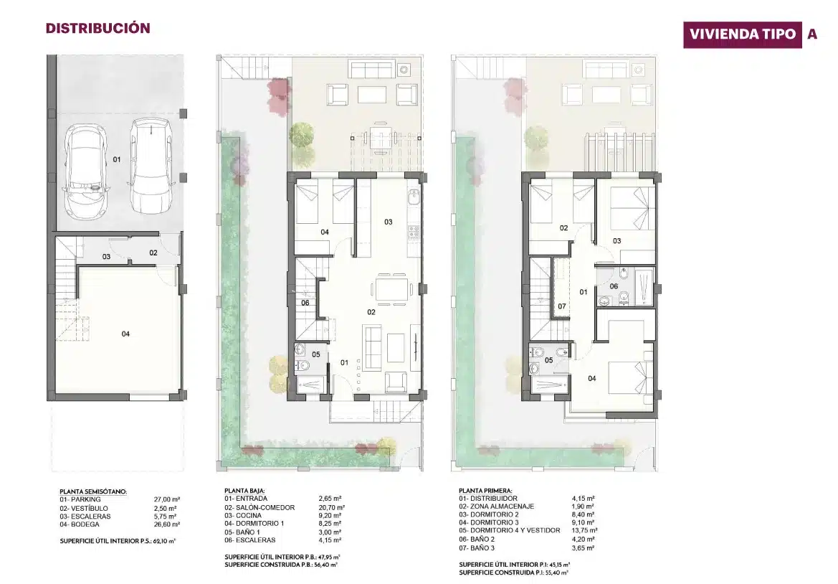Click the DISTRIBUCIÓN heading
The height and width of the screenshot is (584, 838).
pos(97,29)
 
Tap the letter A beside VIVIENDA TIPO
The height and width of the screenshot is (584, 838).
pos(812,34)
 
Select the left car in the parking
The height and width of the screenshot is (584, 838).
pos(85,171)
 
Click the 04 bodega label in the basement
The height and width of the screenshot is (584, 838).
pos(125,334)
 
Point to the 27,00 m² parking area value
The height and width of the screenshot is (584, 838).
pos(167,499)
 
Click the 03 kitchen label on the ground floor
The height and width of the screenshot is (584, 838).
pos(389,222)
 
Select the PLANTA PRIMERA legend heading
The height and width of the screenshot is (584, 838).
pos(485,491)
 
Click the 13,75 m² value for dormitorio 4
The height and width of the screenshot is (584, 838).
pos(583,530)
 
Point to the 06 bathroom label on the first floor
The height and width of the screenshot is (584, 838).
pos(614,286)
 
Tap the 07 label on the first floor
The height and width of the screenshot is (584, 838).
pos(562,306)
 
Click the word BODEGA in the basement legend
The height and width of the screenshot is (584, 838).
pos(85,524)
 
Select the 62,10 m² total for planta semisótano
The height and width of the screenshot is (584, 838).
pos(165,541)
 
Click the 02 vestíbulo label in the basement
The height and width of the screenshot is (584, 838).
pos(153,253)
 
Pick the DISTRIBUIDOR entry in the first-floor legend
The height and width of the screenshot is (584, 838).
pos(495,499)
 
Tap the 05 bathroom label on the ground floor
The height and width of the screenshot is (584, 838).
pos(316,354)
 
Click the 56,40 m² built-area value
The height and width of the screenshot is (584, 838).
pos(327,565)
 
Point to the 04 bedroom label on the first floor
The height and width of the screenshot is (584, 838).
pos(592,378)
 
